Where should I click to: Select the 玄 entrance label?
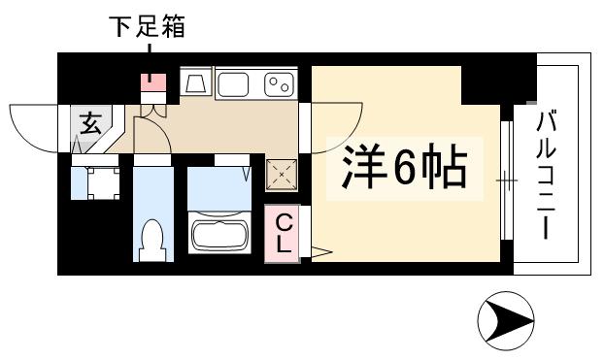(90, 124)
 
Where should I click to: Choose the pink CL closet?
(283, 234)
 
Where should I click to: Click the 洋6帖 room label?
(403, 170)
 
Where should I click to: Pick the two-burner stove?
(281, 84)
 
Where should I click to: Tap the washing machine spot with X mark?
(283, 175)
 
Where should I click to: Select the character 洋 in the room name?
(360, 170)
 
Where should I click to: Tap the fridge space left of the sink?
(195, 84)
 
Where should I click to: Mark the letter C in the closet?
(283, 222)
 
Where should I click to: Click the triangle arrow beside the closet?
(321, 255)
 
